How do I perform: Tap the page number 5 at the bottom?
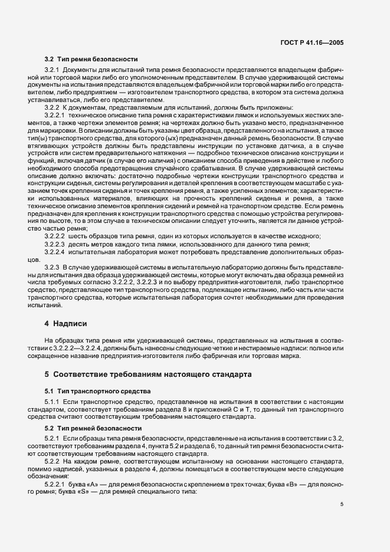tap(342, 504)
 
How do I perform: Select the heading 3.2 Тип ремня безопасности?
tap(91, 59)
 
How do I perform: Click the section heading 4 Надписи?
tap(66, 324)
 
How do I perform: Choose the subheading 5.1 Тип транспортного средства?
tap(93, 390)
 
